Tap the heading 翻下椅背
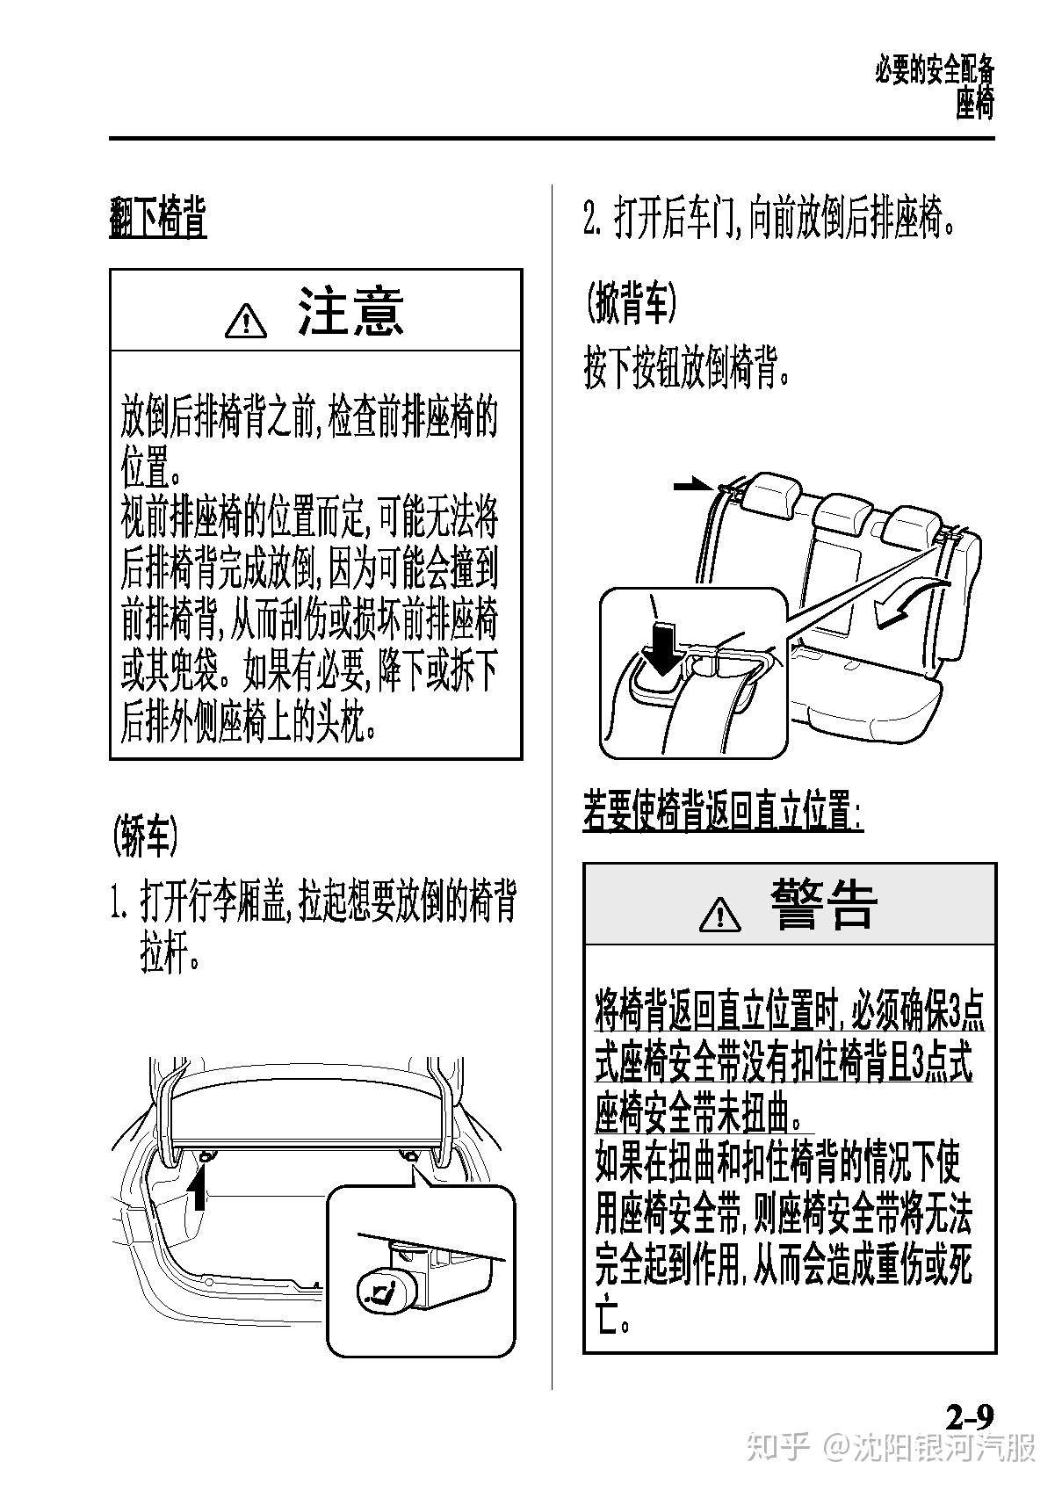click(x=158, y=218)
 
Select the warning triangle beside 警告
click(x=720, y=913)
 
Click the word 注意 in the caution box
click(x=350, y=311)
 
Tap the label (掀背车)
click(x=631, y=303)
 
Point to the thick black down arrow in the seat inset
click(x=663, y=648)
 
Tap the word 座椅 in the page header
click(x=975, y=105)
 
